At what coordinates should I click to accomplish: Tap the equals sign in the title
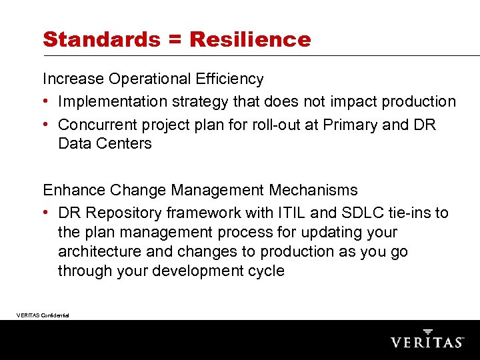(x=175, y=40)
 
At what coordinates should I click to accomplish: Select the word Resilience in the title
(x=250, y=39)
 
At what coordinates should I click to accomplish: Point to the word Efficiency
(x=229, y=79)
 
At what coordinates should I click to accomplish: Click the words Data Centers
(x=105, y=143)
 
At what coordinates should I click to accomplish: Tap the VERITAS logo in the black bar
(x=427, y=339)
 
